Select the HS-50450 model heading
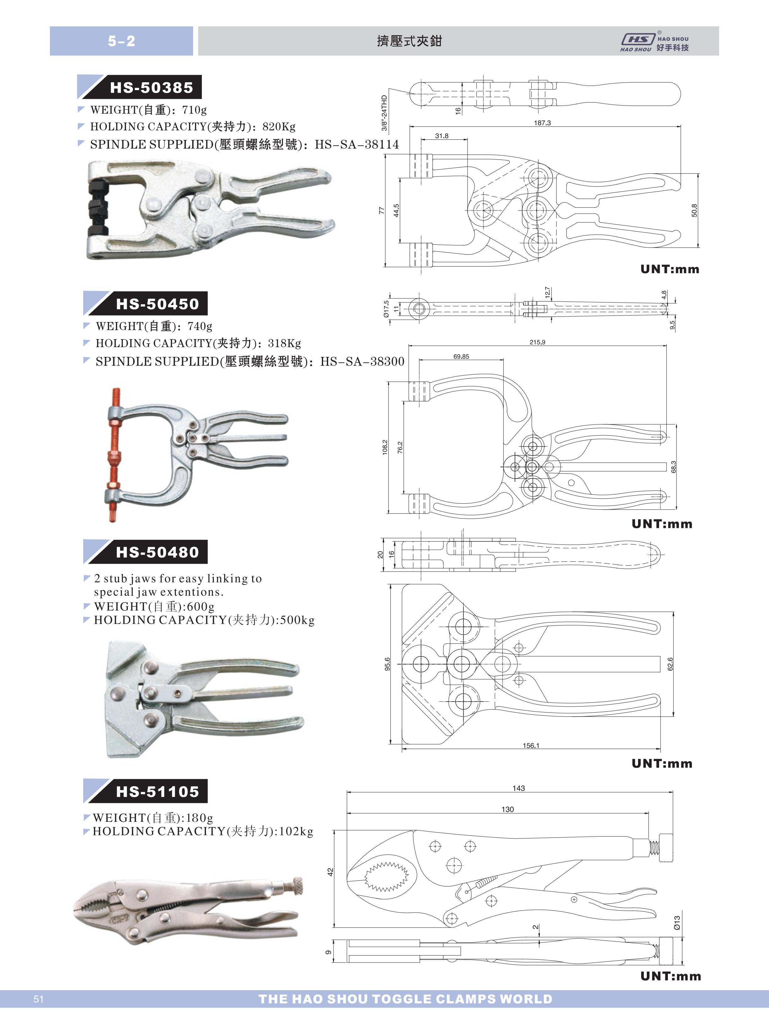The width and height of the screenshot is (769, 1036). click(x=157, y=304)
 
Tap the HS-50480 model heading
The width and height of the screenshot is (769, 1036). click(x=157, y=552)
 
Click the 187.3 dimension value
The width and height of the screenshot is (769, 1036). click(x=542, y=123)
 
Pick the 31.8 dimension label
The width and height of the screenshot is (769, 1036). click(x=442, y=136)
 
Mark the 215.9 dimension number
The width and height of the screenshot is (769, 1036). click(x=537, y=342)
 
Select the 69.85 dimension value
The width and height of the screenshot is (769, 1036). click(x=461, y=356)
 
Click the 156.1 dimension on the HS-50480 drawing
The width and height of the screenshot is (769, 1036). click(x=531, y=745)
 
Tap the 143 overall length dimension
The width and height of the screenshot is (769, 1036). click(x=518, y=788)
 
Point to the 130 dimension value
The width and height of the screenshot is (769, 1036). click(x=507, y=809)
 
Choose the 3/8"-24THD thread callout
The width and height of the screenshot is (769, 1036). click(x=384, y=113)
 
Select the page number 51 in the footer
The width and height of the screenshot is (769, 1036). click(x=39, y=999)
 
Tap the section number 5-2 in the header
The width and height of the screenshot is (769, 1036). click(x=122, y=41)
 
